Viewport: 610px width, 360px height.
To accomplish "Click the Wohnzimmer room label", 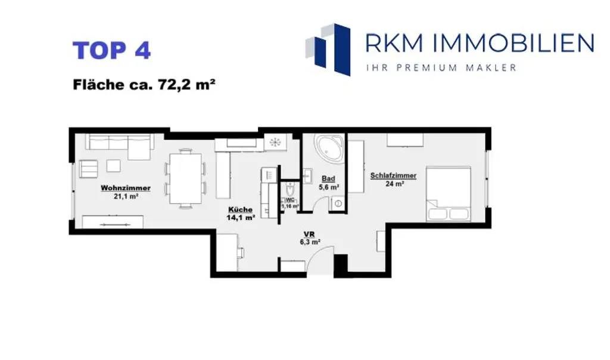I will click(x=125, y=188).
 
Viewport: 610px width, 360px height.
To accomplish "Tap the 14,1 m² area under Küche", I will click(x=240, y=218).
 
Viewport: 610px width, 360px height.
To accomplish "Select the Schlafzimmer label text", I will click(x=393, y=175).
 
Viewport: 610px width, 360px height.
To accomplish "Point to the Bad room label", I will click(x=328, y=178).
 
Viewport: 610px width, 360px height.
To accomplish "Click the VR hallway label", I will click(x=309, y=234).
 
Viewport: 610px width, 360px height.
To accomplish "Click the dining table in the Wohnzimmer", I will click(x=185, y=178).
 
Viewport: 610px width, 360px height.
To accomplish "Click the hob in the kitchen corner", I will click(x=275, y=142).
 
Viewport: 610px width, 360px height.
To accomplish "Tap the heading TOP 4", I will click(x=111, y=51).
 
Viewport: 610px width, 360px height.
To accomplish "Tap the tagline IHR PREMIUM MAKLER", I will click(x=441, y=68).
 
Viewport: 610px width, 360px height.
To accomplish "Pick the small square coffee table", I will click(x=113, y=166).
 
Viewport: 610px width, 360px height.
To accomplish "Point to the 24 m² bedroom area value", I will click(x=394, y=184).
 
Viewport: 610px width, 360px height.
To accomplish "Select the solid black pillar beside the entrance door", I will click(x=340, y=265).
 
